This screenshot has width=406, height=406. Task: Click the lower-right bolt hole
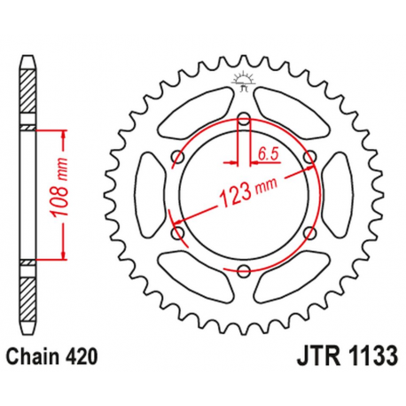[309, 233]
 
